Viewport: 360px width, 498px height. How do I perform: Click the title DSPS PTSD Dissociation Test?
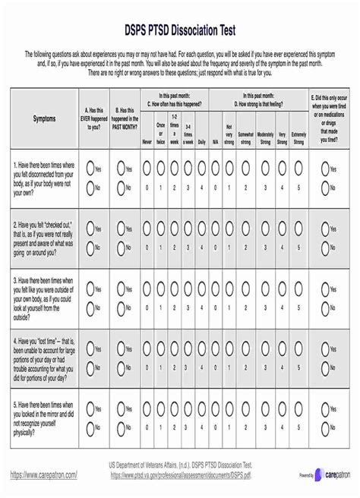[x=180, y=30]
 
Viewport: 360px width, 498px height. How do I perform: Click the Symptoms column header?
[x=43, y=118]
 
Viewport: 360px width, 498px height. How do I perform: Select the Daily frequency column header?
[x=202, y=141]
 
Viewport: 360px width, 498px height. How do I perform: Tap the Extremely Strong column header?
[x=298, y=137]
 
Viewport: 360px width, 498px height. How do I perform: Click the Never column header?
[x=147, y=141]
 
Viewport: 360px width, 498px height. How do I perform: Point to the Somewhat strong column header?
[x=246, y=137]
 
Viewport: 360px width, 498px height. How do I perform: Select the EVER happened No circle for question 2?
[x=91, y=247]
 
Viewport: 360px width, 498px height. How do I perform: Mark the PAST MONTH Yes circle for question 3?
[x=119, y=289]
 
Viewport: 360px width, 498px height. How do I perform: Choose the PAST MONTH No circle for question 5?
[x=119, y=427]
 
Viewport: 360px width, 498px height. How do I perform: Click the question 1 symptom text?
[x=43, y=178]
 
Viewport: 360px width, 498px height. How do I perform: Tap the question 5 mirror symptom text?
[x=43, y=417]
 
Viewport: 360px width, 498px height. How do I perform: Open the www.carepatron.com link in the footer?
[x=43, y=474]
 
